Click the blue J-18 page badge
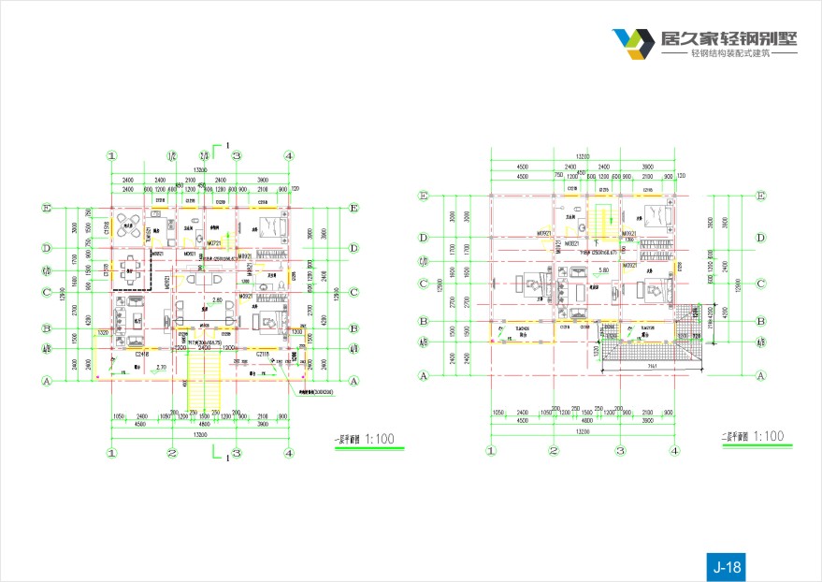(727, 566)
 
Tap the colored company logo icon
(633, 43)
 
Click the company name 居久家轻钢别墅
(729, 38)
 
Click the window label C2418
(142, 354)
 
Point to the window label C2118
(264, 354)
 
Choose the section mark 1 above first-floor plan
(227, 146)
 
